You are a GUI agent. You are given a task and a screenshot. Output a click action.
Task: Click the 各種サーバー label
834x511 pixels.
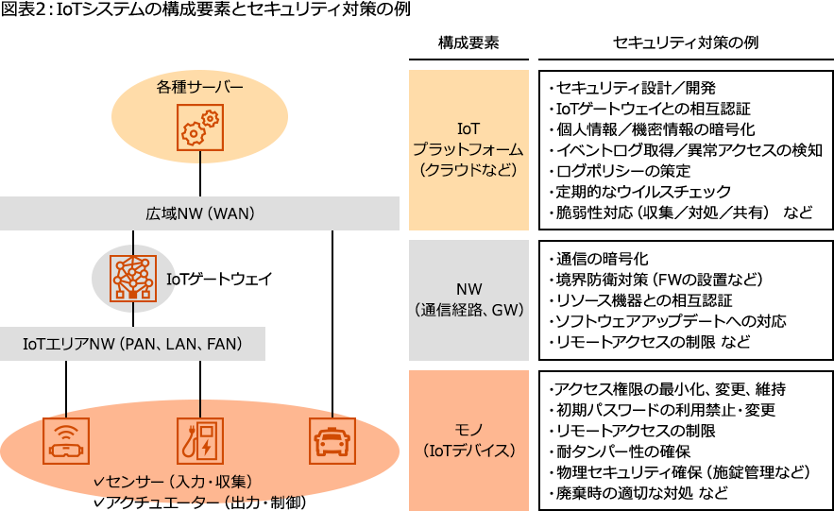(x=199, y=88)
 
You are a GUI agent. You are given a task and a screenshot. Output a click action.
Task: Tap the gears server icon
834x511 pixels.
(x=200, y=128)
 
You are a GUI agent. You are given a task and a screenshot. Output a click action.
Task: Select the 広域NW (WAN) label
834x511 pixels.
(x=200, y=213)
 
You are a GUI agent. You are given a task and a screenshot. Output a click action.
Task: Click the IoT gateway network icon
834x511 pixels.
(x=133, y=278)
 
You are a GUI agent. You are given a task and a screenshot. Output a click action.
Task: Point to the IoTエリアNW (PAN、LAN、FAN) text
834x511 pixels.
(x=132, y=345)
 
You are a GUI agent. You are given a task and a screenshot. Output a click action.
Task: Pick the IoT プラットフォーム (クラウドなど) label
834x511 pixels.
(x=468, y=149)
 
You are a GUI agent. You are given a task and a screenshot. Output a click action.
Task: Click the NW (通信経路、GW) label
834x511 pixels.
(x=468, y=299)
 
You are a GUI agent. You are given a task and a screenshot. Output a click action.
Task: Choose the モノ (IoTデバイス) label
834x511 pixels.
(x=468, y=440)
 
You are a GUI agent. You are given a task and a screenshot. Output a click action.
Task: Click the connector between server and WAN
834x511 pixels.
(x=200, y=178)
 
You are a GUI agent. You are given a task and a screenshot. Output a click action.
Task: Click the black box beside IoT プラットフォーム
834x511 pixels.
(x=685, y=149)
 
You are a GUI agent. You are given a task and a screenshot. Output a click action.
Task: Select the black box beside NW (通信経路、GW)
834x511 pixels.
(x=685, y=299)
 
